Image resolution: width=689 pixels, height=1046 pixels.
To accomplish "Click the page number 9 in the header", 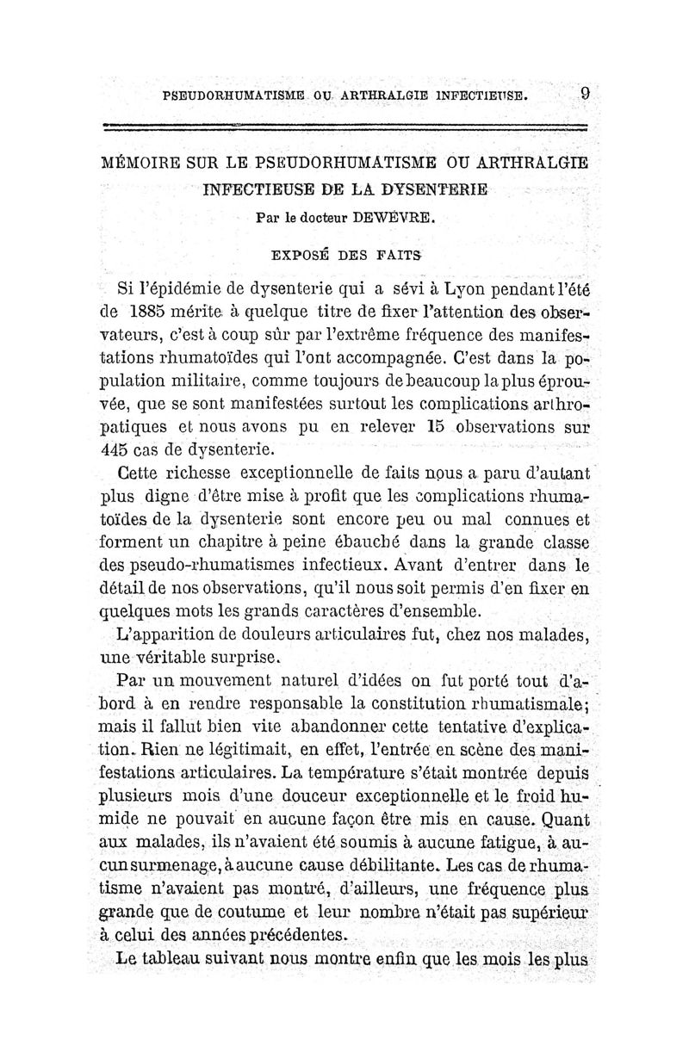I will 584,92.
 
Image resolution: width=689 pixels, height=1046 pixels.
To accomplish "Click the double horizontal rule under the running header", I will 344,127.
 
